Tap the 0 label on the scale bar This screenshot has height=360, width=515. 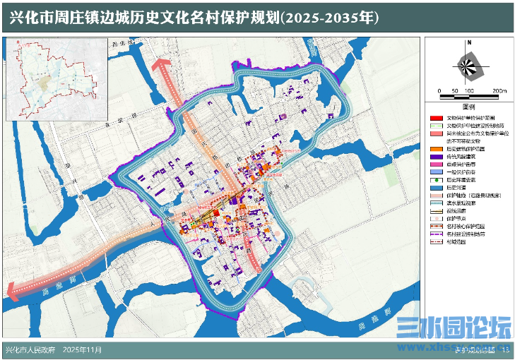pyautogui.click(x=439, y=92)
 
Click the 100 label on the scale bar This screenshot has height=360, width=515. pyautogui.click(x=469, y=92)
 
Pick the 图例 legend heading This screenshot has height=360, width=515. pyautogui.click(x=468, y=107)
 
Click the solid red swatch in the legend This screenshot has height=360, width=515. pyautogui.click(x=436, y=118)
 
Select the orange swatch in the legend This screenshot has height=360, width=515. pyautogui.click(x=436, y=149)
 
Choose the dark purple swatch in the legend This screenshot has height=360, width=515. pyautogui.click(x=436, y=157)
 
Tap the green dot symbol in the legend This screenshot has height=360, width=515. pyautogui.click(x=436, y=179)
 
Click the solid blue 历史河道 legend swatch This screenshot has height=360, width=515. pyautogui.click(x=436, y=187)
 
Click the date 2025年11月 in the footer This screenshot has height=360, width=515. pyautogui.click(x=83, y=349)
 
